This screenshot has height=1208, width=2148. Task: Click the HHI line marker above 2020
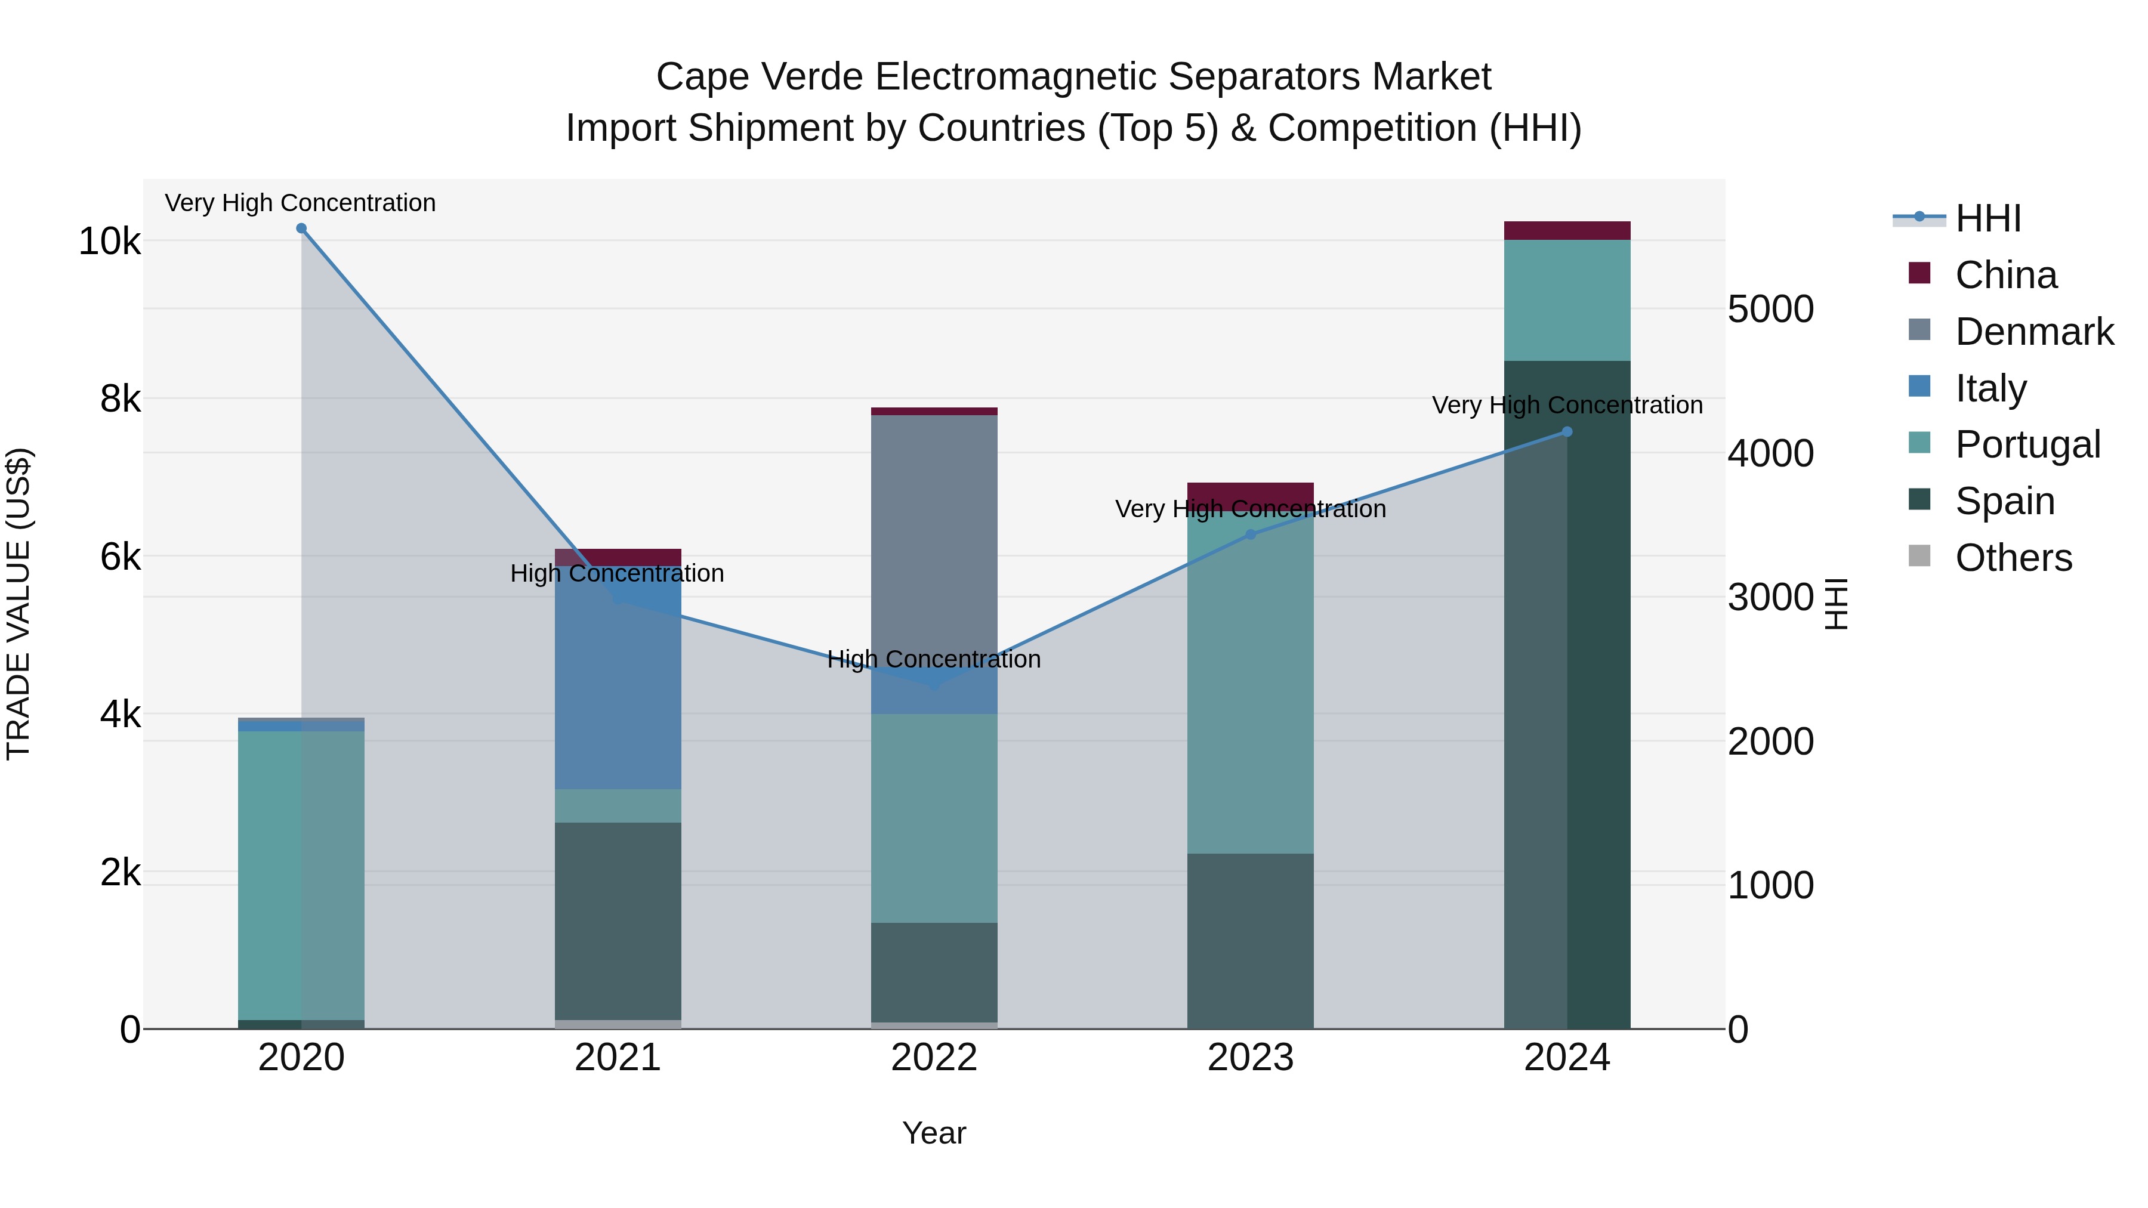(x=301, y=228)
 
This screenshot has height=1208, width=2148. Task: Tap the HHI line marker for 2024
(x=1567, y=432)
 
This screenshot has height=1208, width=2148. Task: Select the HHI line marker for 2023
(x=1250, y=535)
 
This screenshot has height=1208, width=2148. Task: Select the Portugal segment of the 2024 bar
(x=1567, y=300)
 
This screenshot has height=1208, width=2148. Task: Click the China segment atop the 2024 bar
(x=1567, y=231)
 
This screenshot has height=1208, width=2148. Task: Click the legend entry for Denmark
(x=2033, y=332)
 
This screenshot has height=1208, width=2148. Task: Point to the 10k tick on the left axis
(x=109, y=242)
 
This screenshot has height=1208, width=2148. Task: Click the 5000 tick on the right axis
(x=1770, y=309)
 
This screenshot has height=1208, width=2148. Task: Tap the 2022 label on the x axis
(x=934, y=1058)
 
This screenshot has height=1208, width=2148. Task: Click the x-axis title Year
(x=934, y=1133)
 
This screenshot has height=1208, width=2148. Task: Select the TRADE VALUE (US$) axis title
(x=18, y=604)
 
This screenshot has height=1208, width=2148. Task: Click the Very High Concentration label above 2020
(x=300, y=203)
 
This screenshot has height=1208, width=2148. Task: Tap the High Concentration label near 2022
(x=934, y=659)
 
